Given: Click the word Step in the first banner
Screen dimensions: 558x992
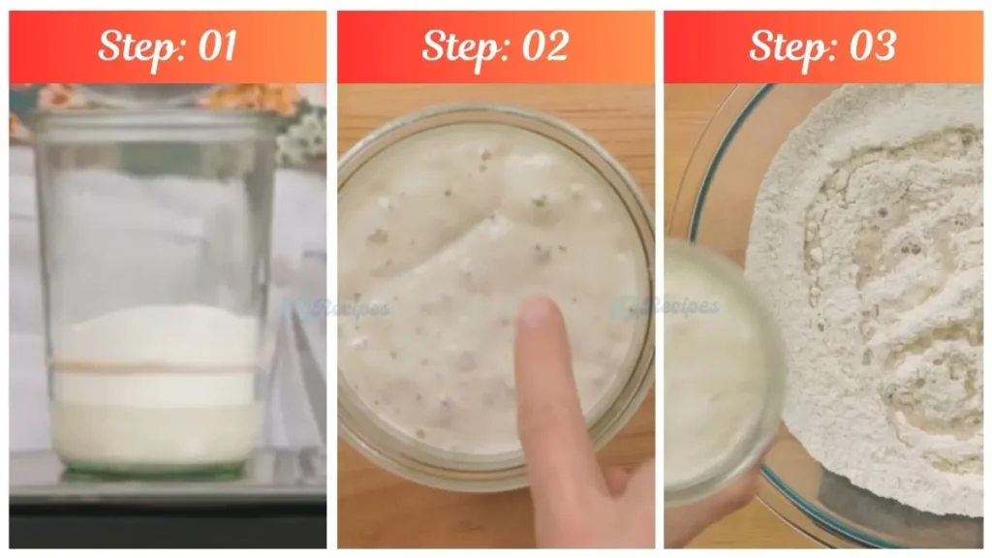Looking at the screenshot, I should tap(135, 46).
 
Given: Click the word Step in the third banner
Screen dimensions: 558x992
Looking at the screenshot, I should tap(787, 46).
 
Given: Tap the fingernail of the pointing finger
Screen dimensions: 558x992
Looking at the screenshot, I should tap(536, 312).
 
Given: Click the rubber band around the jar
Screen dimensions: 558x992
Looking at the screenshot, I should tap(155, 366).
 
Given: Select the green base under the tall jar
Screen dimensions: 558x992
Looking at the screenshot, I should tap(155, 472).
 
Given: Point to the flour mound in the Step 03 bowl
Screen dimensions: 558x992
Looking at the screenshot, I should tap(872, 291).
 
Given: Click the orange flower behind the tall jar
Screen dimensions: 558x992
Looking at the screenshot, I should tap(232, 96).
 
